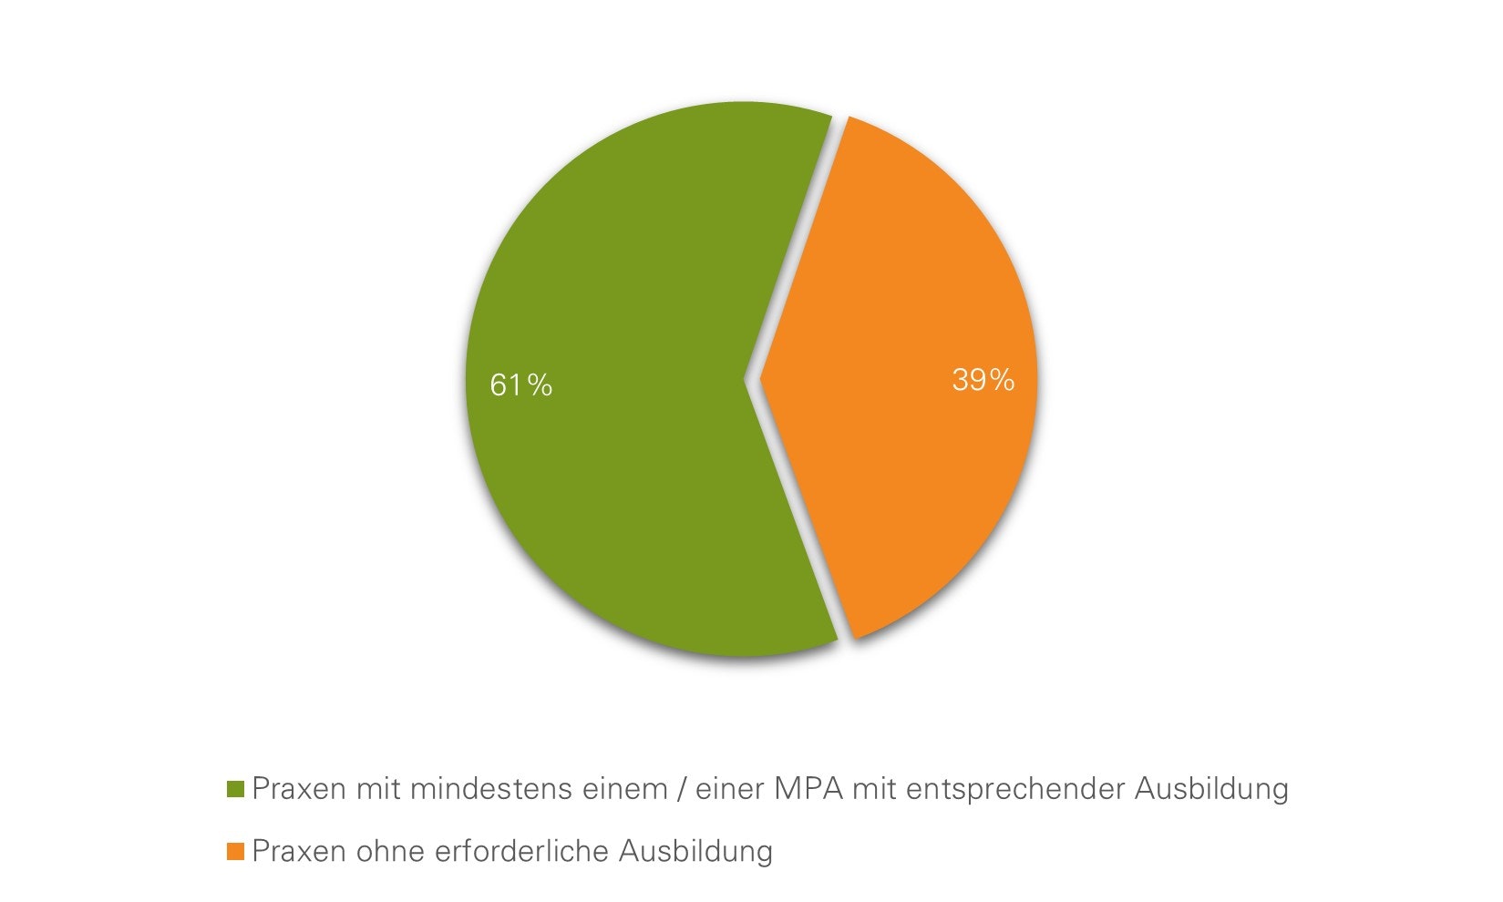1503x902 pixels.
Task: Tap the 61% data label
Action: (x=521, y=385)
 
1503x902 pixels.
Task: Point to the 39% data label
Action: (x=983, y=380)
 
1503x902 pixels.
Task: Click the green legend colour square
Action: (x=236, y=789)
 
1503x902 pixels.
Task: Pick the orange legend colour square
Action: (x=236, y=852)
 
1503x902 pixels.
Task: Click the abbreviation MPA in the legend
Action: (x=808, y=789)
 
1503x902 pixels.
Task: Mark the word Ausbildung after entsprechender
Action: (x=1211, y=789)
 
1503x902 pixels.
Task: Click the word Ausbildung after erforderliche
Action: (x=695, y=852)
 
